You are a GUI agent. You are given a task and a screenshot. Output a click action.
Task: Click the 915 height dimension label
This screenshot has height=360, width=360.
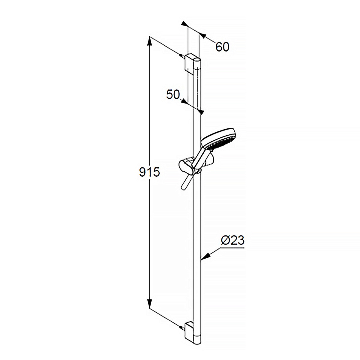tap(149, 172)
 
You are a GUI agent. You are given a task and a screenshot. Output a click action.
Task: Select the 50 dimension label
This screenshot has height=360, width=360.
tap(173, 94)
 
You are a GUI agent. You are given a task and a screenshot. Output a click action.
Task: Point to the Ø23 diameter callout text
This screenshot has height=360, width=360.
tap(232, 240)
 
